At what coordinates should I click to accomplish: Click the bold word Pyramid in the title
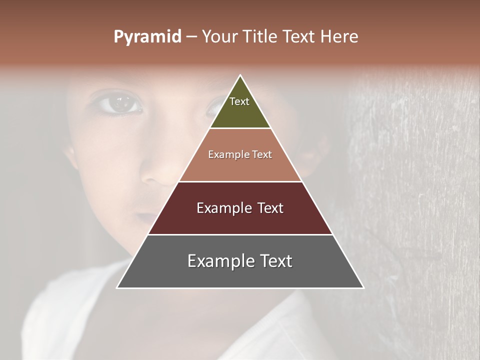tap(147, 37)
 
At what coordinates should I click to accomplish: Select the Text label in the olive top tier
tap(239, 101)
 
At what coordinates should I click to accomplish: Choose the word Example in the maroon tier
tap(222, 208)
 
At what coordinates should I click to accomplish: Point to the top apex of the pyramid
tap(240, 76)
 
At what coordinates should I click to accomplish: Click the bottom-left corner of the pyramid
tap(117, 287)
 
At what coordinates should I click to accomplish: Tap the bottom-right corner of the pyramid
tap(363, 287)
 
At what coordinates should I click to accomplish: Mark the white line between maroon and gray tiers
tap(240, 234)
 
